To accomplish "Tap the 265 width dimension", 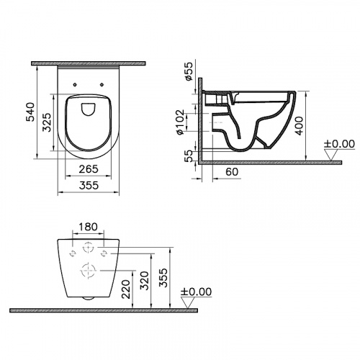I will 86,169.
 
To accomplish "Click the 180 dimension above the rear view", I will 86,228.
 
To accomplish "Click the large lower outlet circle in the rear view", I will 86,271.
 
